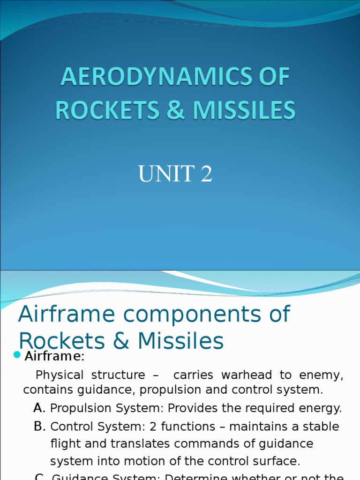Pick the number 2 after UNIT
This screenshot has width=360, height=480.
pyautogui.click(x=206, y=174)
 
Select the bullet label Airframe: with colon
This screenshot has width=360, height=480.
pyautogui.click(x=54, y=357)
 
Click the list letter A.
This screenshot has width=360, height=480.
pyautogui.click(x=39, y=408)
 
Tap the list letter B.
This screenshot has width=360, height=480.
pyautogui.click(x=39, y=427)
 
